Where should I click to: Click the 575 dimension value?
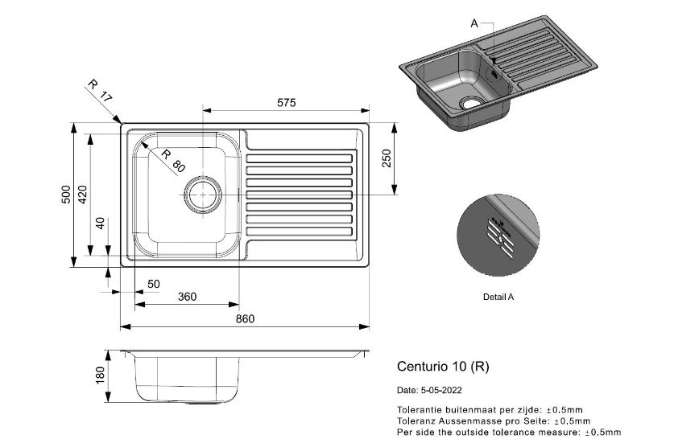(287, 103)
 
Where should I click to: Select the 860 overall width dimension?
(245, 319)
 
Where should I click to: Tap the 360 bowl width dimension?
(187, 297)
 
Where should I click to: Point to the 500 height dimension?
(67, 196)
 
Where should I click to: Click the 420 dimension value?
(82, 196)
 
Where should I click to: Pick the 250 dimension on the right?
(387, 159)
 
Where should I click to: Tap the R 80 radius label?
(172, 161)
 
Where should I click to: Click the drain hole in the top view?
(203, 195)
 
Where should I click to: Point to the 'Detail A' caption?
(498, 297)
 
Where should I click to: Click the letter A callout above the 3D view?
(473, 23)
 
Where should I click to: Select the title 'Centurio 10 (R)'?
(443, 366)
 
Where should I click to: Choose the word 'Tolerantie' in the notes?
(418, 409)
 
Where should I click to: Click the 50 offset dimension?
(154, 284)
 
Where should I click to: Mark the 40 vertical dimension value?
(100, 223)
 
